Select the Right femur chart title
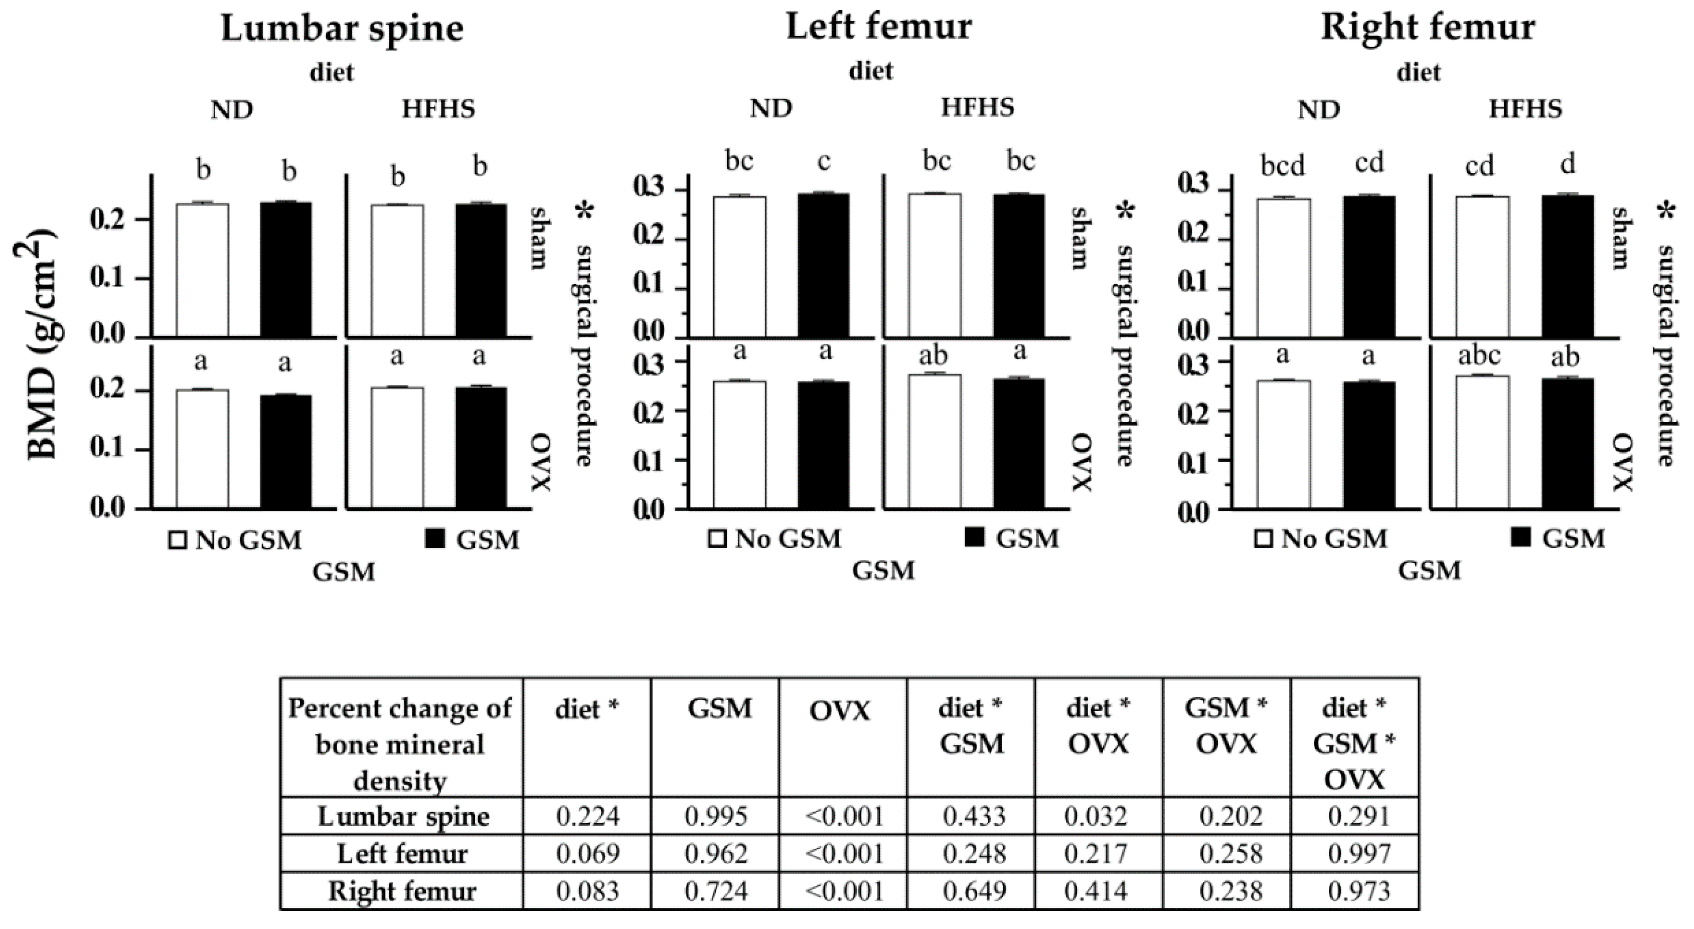coord(1428,28)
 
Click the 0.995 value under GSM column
coord(716,816)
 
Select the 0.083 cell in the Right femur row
coord(588,891)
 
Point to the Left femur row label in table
coord(402,853)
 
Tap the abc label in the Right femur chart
coord(1479,355)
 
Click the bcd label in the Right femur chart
coord(1282,165)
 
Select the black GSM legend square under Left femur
coord(975,538)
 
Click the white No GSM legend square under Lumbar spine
coord(178,540)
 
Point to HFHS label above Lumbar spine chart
coord(438,109)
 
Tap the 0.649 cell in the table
coord(974,891)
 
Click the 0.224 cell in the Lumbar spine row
coord(588,816)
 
